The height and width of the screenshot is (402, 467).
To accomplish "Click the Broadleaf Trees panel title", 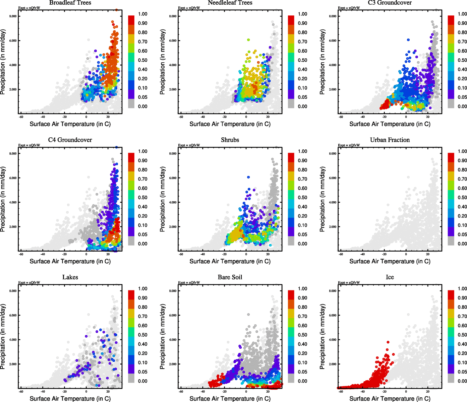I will click(x=70, y=3).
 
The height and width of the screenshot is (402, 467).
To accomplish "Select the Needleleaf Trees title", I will click(x=230, y=3).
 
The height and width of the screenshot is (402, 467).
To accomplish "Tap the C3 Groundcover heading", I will click(x=390, y=3).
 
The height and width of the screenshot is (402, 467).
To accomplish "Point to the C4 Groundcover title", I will click(x=70, y=140).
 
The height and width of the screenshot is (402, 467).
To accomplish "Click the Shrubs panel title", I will click(x=230, y=140).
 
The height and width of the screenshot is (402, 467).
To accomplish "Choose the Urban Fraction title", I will click(x=390, y=140).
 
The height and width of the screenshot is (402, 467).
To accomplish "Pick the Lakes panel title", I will click(x=70, y=277).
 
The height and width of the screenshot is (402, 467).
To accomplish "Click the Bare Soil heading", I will click(x=230, y=277).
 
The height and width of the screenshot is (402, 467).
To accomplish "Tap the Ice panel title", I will click(x=390, y=277).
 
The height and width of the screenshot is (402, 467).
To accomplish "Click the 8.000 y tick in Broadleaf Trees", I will click(x=13, y=16).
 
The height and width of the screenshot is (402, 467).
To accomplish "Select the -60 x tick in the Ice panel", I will click(x=341, y=391).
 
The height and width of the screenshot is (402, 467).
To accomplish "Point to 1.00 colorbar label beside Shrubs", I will click(x=302, y=151).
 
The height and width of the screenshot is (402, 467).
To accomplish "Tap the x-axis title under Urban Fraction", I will click(x=390, y=261).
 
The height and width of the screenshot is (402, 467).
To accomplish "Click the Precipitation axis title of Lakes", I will click(x=3, y=336).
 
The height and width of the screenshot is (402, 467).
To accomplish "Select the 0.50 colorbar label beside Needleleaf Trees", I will click(x=302, y=60).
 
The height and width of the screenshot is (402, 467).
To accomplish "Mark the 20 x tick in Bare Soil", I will click(x=268, y=391).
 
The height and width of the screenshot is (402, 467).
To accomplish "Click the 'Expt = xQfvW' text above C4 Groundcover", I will click(x=29, y=145).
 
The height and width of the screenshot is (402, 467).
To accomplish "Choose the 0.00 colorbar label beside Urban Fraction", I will click(x=462, y=244).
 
